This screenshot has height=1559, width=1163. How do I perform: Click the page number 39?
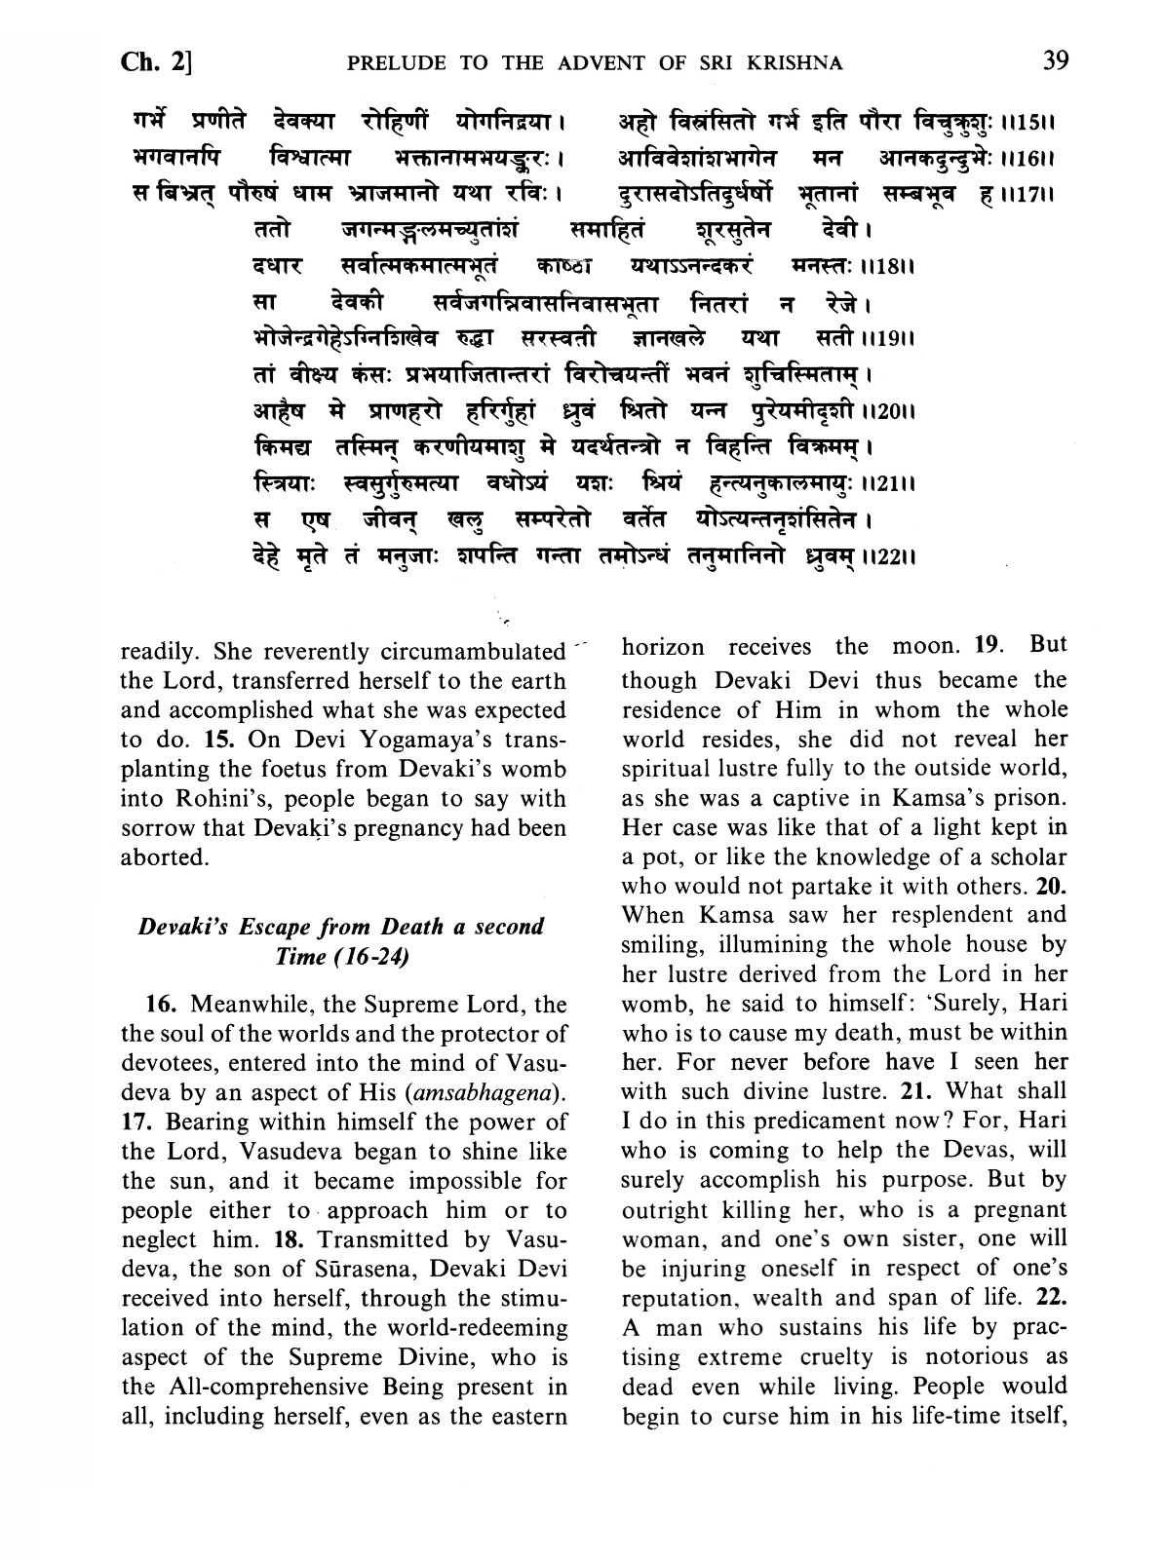1055,61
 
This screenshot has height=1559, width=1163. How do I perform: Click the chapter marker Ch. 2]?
156,63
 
